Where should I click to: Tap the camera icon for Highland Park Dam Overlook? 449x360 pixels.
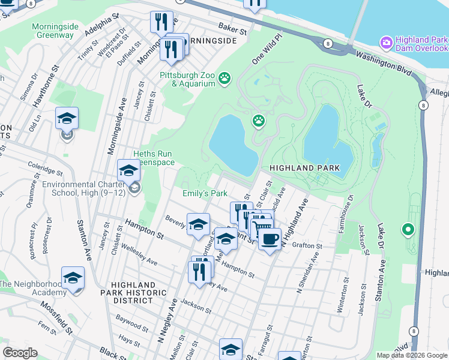click(x=385, y=43)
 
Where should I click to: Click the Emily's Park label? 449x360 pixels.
click(x=205, y=193)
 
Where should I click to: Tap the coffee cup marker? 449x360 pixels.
click(x=270, y=239)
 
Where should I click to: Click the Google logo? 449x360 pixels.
click(x=20, y=353)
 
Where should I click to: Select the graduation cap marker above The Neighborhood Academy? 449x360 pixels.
click(x=73, y=278)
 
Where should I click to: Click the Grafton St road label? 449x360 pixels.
click(x=307, y=245)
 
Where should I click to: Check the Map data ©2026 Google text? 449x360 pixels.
click(x=412, y=355)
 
